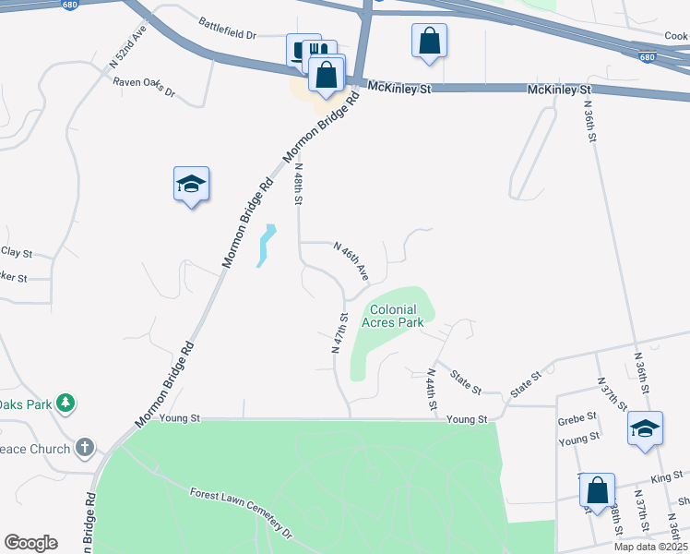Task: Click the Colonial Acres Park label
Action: point(394,317)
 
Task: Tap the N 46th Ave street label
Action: point(351,261)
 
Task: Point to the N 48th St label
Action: point(298,187)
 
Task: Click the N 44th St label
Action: point(431,390)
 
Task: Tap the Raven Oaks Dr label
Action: point(144,87)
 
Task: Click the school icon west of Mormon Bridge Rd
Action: point(191,185)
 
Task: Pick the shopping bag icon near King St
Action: point(597,490)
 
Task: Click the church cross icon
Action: point(85,449)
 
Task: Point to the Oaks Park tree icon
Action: point(65,403)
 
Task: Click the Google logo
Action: point(30,543)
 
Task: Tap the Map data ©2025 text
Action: point(650,547)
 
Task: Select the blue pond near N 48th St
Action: point(267,246)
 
